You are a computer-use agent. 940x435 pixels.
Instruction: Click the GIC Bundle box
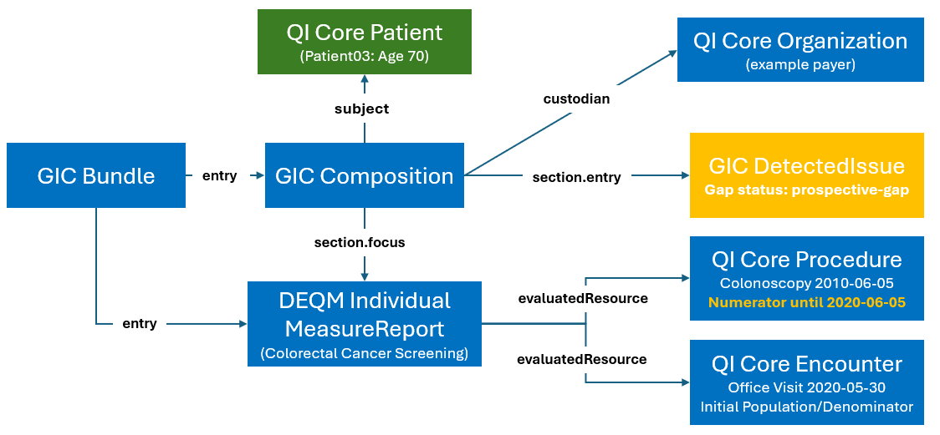pyautogui.click(x=95, y=175)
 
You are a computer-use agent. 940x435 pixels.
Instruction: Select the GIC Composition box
pyautogui.click(x=365, y=175)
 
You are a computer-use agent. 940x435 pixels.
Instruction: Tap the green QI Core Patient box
pyautogui.click(x=364, y=41)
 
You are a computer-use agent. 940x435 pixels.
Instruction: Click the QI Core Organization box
pyautogui.click(x=800, y=49)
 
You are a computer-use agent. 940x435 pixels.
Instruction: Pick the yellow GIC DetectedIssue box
pyautogui.click(x=806, y=175)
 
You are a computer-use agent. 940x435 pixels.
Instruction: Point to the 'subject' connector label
pyautogui.click(x=361, y=109)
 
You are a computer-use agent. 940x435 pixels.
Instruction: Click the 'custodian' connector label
pyautogui.click(x=575, y=99)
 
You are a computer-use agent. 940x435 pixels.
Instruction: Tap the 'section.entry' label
pyautogui.click(x=576, y=177)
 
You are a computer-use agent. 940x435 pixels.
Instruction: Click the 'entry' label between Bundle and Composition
pyautogui.click(x=220, y=175)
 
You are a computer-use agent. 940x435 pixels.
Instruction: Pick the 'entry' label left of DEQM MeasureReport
pyautogui.click(x=139, y=323)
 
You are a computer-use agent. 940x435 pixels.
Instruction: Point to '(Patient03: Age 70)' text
pyautogui.click(x=364, y=57)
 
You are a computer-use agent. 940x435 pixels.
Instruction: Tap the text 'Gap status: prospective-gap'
pyautogui.click(x=806, y=190)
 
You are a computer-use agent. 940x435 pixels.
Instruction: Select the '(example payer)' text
pyautogui.click(x=800, y=64)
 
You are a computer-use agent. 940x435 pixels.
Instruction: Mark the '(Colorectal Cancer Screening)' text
pyautogui.click(x=364, y=352)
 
